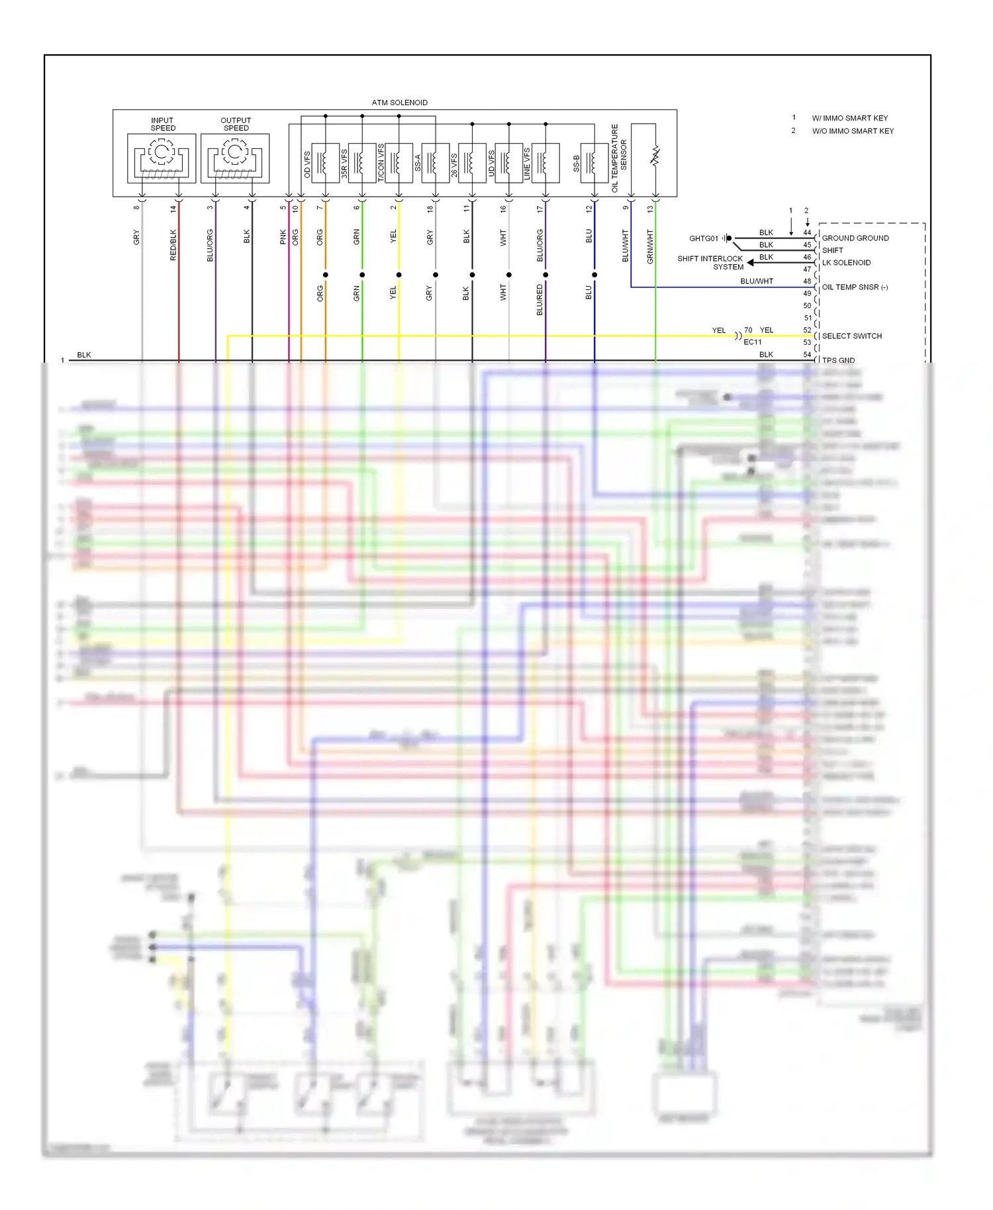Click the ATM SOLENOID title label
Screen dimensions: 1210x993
click(399, 103)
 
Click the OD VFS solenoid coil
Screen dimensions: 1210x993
click(325, 162)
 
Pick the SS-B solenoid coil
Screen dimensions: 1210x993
click(594, 162)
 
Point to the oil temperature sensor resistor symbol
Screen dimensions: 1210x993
click(655, 156)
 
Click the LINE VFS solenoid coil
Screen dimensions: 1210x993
click(545, 162)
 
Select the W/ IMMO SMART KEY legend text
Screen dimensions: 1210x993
click(850, 118)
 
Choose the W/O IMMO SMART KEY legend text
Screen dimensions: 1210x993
click(853, 131)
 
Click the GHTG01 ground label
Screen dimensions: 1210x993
click(703, 238)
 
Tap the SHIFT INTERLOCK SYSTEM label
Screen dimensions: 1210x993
click(710, 263)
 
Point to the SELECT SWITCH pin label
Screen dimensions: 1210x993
click(852, 336)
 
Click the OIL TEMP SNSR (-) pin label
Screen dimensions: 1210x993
click(855, 287)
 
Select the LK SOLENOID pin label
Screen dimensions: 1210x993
click(846, 263)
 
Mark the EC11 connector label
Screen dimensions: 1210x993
click(753, 342)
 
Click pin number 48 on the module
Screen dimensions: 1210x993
click(807, 281)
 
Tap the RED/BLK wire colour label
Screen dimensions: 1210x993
click(173, 245)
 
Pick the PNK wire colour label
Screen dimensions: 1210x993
click(283, 237)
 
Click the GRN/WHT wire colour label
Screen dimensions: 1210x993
click(650, 246)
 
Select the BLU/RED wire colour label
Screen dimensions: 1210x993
click(540, 299)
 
